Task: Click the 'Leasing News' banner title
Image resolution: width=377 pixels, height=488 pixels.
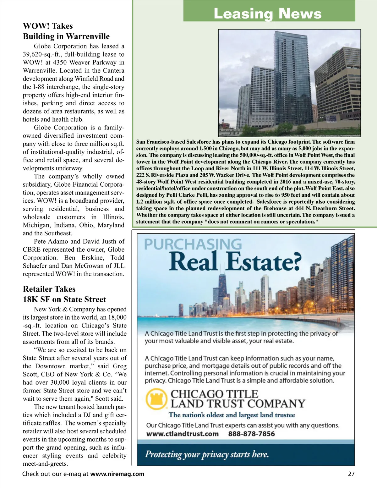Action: point(268,14)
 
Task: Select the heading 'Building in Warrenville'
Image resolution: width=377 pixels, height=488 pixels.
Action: point(66,36)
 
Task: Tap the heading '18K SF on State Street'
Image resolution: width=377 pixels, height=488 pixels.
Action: point(64,299)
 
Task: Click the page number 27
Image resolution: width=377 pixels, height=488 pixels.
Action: point(351,474)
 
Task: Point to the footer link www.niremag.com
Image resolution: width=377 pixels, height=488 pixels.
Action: point(117,474)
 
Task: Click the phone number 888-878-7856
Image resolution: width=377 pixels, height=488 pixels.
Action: point(251,434)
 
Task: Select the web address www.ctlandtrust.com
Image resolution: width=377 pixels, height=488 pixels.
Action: point(183,434)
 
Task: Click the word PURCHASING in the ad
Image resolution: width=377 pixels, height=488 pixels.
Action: point(193,244)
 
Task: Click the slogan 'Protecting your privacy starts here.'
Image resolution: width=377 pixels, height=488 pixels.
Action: point(207,454)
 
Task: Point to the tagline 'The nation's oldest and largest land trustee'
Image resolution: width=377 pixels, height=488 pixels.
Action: point(232,415)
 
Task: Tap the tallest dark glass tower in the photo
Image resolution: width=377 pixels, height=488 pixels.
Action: point(291,79)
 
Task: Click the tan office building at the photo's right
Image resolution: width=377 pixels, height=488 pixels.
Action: point(338,85)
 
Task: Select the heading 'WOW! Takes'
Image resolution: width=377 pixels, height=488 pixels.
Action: point(48,26)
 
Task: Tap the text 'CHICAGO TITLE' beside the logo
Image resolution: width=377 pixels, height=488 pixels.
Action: point(214,394)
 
